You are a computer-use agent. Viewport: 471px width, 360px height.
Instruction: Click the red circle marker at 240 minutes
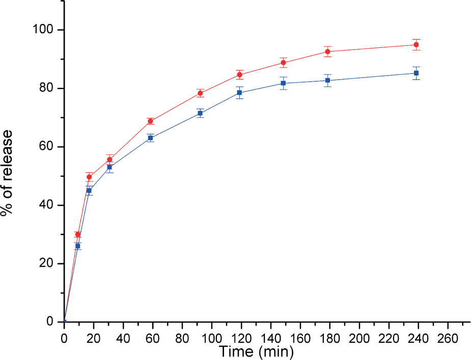tap(416, 45)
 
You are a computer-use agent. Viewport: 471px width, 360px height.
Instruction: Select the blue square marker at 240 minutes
tap(416, 73)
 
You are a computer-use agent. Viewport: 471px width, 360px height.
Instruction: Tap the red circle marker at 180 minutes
tap(327, 51)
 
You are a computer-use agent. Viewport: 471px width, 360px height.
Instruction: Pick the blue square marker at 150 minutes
tap(283, 83)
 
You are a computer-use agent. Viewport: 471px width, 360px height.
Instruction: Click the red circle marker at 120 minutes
tap(239, 75)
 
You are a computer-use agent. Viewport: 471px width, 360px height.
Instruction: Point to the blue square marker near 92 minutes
tap(200, 113)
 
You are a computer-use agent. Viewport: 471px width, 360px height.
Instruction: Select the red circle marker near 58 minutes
tap(150, 121)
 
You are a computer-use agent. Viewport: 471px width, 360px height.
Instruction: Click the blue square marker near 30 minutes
tap(109, 167)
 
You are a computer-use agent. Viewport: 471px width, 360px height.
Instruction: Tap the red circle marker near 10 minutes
tap(78, 235)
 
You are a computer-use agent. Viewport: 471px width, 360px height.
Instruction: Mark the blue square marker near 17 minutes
tap(89, 190)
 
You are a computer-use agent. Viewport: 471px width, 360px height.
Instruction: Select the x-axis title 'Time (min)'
tap(256, 351)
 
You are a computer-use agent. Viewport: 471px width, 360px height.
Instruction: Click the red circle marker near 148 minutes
tap(283, 63)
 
